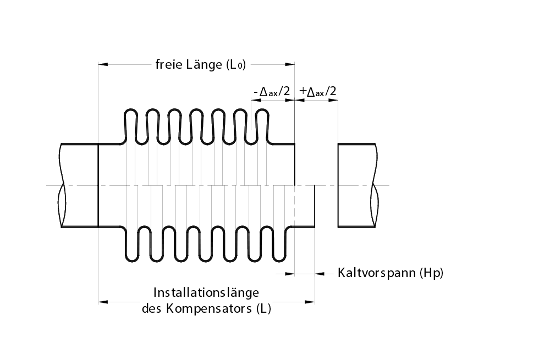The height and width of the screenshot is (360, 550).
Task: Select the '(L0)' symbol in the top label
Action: tap(236, 65)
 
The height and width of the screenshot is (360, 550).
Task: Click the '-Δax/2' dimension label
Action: tap(272, 91)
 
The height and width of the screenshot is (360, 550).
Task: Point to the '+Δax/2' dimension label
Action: tap(318, 91)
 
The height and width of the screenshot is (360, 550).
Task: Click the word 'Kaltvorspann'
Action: tap(376, 273)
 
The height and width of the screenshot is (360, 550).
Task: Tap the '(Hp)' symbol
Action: tap(431, 273)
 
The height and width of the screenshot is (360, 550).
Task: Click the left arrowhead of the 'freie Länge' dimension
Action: tap(102, 65)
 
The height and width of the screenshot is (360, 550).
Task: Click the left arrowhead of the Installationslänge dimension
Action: tap(102, 301)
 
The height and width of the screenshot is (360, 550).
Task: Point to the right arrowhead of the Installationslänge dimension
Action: tap(311, 301)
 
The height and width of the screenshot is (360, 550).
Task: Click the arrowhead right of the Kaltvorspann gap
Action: tap(319, 273)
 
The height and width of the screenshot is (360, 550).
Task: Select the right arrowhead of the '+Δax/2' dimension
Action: tap(334, 101)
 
